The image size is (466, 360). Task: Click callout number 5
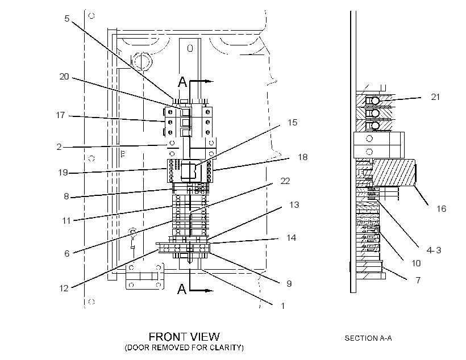(x=67, y=18)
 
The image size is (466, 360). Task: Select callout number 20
(x=64, y=77)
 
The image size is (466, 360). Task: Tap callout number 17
(x=61, y=115)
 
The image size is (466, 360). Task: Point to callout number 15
(x=293, y=123)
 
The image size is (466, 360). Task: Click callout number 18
(x=302, y=157)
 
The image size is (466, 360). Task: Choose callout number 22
(x=285, y=181)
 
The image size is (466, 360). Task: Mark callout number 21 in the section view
(x=435, y=97)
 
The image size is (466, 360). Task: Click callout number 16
(x=442, y=209)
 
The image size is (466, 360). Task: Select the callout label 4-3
(x=434, y=250)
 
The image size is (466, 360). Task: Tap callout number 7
(x=418, y=280)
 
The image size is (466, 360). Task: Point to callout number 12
(x=64, y=288)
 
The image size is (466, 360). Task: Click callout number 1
(x=282, y=305)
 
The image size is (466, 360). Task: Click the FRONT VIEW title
(x=184, y=337)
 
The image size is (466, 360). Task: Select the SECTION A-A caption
(x=368, y=338)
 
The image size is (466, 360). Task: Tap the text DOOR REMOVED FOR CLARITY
(x=184, y=348)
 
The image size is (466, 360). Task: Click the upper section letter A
(x=183, y=82)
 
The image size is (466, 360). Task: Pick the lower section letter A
(x=182, y=288)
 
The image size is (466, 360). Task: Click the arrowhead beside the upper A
(x=210, y=81)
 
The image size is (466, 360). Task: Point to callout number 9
(x=289, y=284)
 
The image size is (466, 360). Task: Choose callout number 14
(x=291, y=237)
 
